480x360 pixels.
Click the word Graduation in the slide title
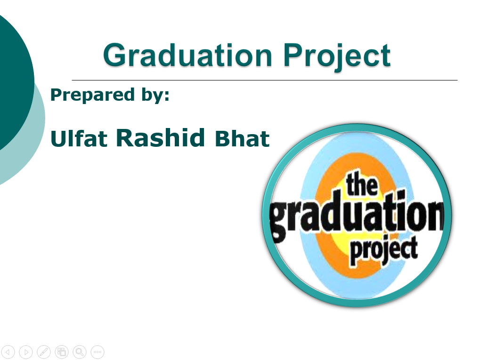[x=187, y=55]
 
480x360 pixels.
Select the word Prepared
[x=92, y=95]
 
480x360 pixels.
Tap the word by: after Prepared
[x=155, y=95]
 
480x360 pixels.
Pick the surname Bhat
[x=242, y=138]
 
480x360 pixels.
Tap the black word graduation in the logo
[x=357, y=215]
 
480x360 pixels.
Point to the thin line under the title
[x=264, y=80]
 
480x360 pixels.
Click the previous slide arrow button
[x=8, y=352]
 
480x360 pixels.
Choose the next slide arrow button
[x=26, y=352]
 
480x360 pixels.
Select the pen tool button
[x=44, y=352]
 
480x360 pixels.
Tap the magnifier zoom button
[x=80, y=352]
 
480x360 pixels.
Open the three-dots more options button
[x=98, y=352]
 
